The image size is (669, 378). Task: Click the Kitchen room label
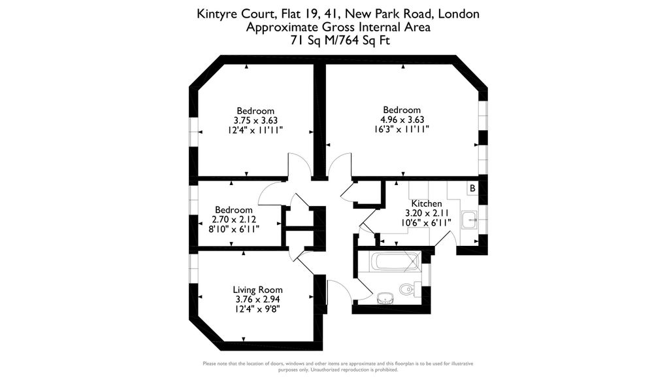point(426,204)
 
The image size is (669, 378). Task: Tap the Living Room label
point(257,290)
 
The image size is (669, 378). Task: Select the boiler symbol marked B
point(472,188)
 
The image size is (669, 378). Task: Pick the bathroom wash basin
point(386,298)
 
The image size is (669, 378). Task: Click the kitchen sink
point(469,220)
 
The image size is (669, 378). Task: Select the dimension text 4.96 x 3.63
point(402,120)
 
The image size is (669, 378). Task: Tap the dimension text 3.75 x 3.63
point(255,120)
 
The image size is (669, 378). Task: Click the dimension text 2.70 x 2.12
point(234,220)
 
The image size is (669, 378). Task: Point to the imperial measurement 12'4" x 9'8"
point(257,309)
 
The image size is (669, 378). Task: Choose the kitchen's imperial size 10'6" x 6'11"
point(426,222)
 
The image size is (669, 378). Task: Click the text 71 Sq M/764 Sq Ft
point(340,41)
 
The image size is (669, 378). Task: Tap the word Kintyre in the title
point(216,14)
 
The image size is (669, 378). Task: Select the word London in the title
point(459,14)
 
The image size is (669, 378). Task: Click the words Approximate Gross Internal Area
point(338,27)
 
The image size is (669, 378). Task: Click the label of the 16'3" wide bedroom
point(402,111)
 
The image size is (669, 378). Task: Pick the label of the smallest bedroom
point(234,210)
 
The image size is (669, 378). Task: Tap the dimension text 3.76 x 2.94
point(257,300)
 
